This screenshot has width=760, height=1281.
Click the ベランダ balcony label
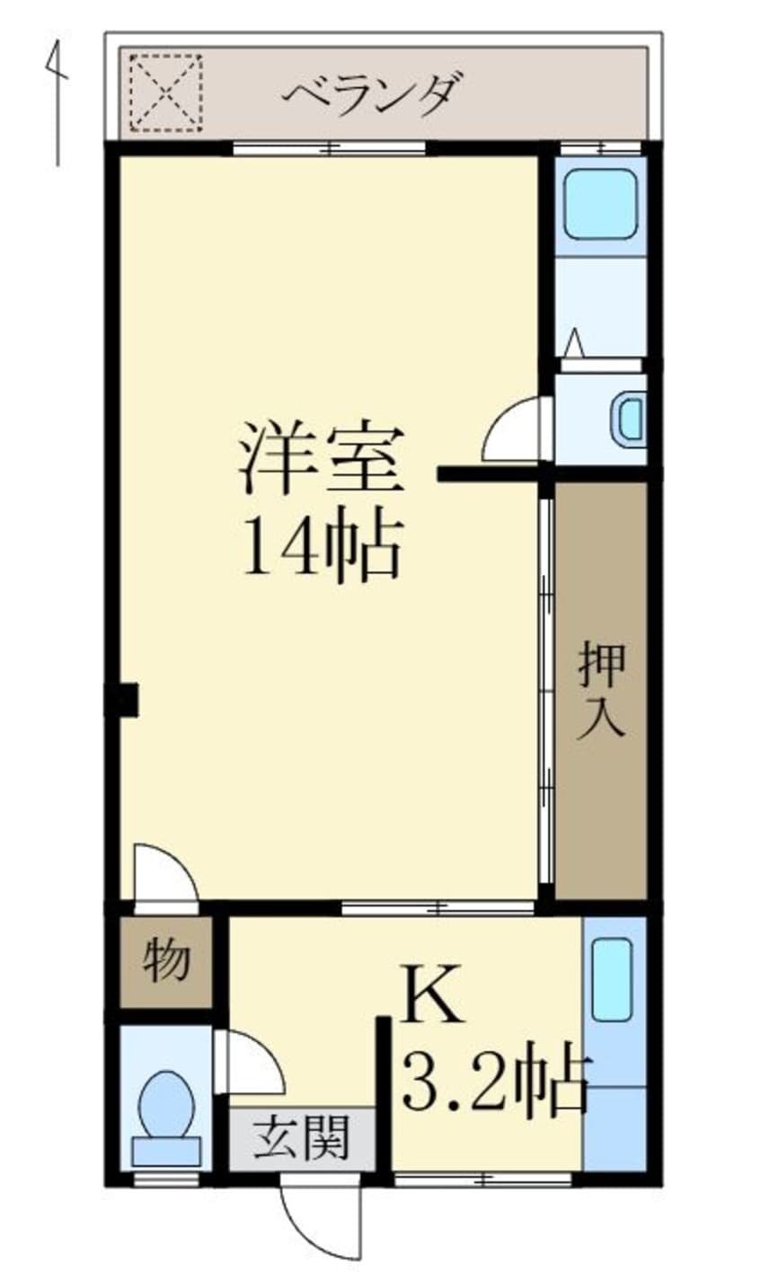(376, 94)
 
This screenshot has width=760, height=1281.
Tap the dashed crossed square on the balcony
(165, 93)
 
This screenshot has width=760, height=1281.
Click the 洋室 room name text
(320, 461)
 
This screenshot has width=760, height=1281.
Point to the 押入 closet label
(601, 689)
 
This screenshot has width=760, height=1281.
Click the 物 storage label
(168, 960)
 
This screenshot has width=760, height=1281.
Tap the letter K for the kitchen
(433, 995)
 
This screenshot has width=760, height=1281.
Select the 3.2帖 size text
(495, 1079)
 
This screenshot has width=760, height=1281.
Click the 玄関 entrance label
(300, 1139)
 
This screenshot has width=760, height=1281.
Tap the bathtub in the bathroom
(600, 204)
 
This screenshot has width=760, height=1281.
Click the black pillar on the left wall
(124, 700)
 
